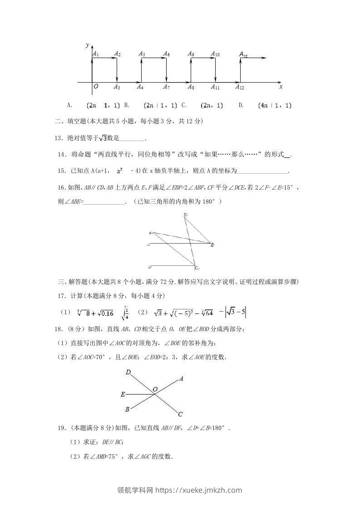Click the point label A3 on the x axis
click(117, 87)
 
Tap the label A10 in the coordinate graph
click(215, 54)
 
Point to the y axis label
click(87, 45)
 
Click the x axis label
click(281, 86)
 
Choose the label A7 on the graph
click(167, 87)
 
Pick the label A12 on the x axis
click(240, 87)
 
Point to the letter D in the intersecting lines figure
click(128, 372)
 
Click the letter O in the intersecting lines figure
click(155, 389)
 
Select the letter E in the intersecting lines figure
click(123, 395)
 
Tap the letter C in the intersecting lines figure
click(180, 414)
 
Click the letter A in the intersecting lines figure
click(181, 378)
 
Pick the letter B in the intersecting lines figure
click(128, 409)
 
